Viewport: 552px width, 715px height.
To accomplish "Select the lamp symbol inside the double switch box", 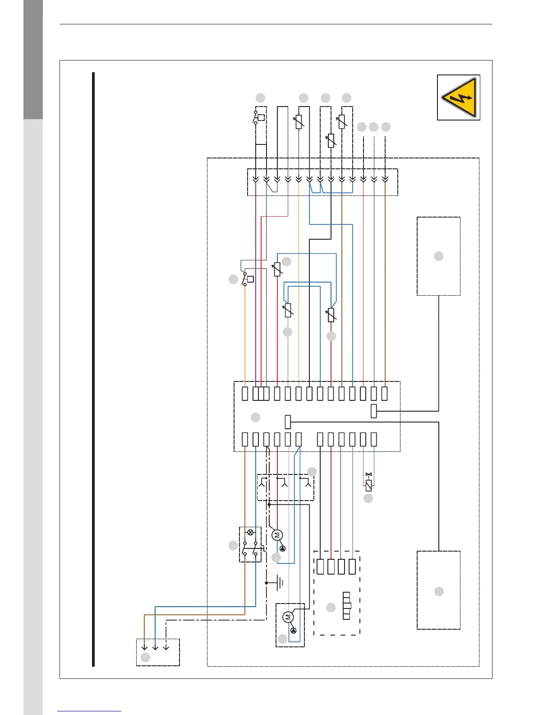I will (x=250, y=533).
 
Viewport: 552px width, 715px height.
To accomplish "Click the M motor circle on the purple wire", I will (x=277, y=535).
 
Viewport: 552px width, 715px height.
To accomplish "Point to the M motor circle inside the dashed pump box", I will (x=288, y=617).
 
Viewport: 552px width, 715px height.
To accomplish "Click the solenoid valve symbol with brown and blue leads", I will (x=368, y=485).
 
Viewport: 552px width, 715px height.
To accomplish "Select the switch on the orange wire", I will (x=247, y=279).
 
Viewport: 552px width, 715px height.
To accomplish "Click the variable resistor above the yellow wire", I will (x=299, y=122).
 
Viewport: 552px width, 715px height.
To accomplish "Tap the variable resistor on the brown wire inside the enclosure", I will (x=288, y=310).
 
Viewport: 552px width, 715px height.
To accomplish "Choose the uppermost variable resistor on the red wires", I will (x=277, y=269).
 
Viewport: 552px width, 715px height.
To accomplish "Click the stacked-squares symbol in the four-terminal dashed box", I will (x=347, y=606).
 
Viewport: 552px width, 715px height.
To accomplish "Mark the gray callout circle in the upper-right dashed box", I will (x=438, y=256).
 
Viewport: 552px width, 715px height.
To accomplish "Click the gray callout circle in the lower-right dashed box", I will (x=439, y=591).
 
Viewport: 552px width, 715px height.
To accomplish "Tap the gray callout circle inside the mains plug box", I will (x=145, y=657).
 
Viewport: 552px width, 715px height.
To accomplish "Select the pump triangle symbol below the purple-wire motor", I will (x=283, y=548).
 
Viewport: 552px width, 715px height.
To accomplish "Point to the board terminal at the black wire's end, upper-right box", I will (x=373, y=411).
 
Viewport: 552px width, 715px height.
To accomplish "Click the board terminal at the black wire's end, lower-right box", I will (x=288, y=422).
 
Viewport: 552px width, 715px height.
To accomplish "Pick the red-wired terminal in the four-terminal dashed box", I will (x=331, y=566).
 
